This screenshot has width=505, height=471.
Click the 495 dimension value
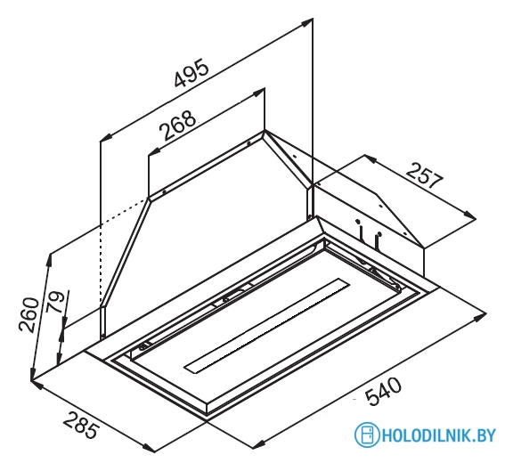(x=191, y=72)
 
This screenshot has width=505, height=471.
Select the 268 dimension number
(x=178, y=126)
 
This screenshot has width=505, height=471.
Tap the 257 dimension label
(x=425, y=175)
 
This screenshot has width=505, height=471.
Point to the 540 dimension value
(x=384, y=392)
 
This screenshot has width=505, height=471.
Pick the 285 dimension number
(x=79, y=425)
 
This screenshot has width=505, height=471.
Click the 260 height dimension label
(x=29, y=314)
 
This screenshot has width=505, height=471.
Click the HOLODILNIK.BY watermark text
(x=439, y=435)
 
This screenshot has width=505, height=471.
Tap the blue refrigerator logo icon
(x=367, y=434)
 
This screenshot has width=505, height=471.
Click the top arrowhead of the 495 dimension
(x=306, y=23)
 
